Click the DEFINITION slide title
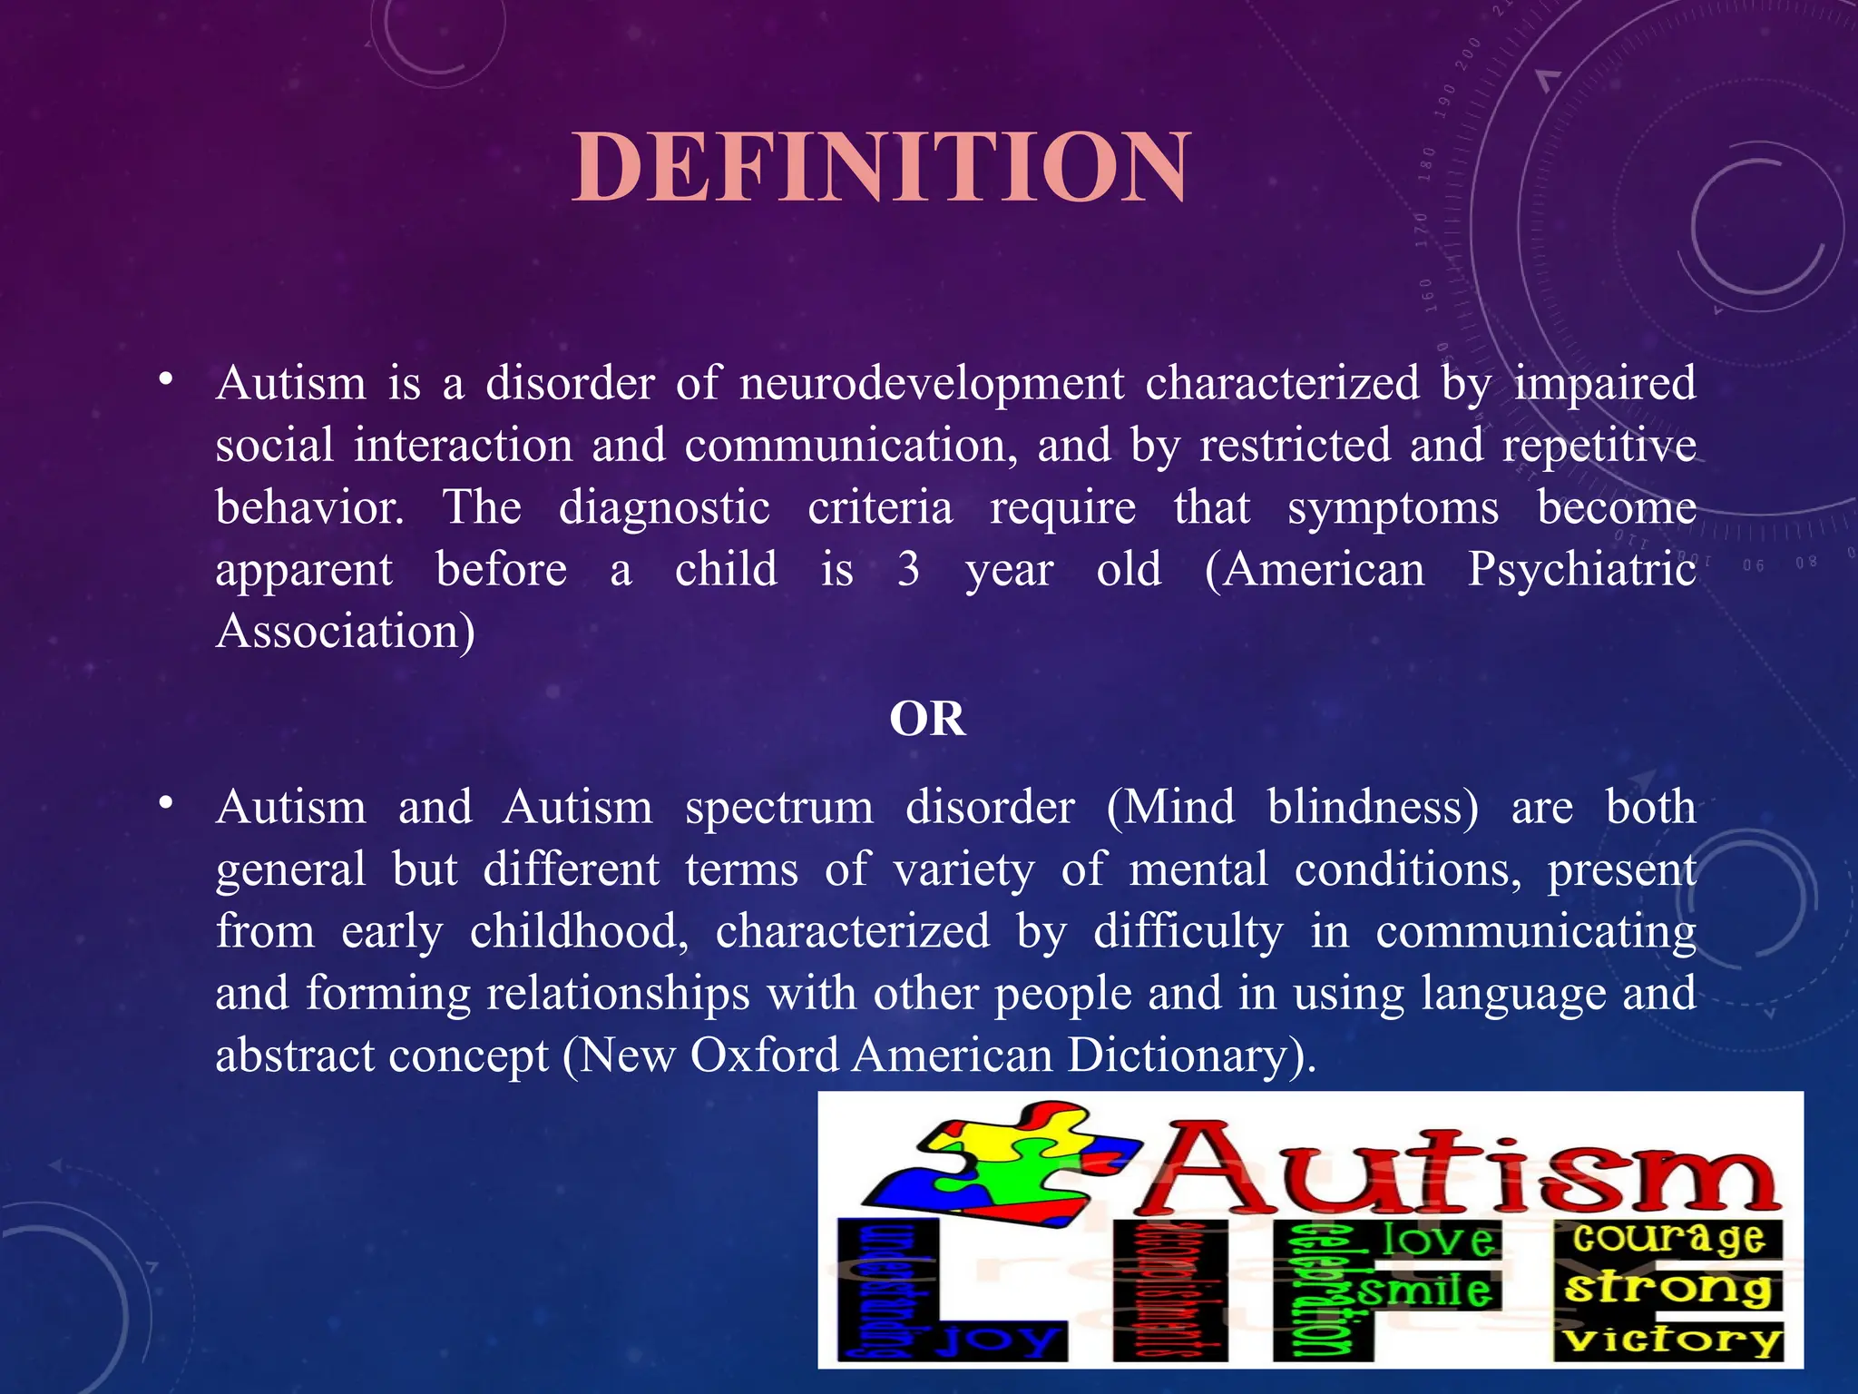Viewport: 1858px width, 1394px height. click(880, 167)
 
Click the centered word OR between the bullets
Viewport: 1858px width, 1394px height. click(927, 720)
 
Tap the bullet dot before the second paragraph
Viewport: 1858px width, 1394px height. click(164, 803)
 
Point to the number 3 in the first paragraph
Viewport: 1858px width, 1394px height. click(908, 570)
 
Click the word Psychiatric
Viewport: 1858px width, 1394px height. click(1581, 570)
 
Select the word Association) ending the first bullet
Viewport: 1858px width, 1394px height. click(345, 632)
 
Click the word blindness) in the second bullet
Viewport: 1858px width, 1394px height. click(1373, 808)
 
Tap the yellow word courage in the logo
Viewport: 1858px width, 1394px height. click(1668, 1237)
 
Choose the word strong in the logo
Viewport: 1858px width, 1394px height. click(1668, 1288)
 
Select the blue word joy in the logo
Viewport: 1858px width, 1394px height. click(998, 1339)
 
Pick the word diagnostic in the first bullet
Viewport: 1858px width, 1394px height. click(664, 508)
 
